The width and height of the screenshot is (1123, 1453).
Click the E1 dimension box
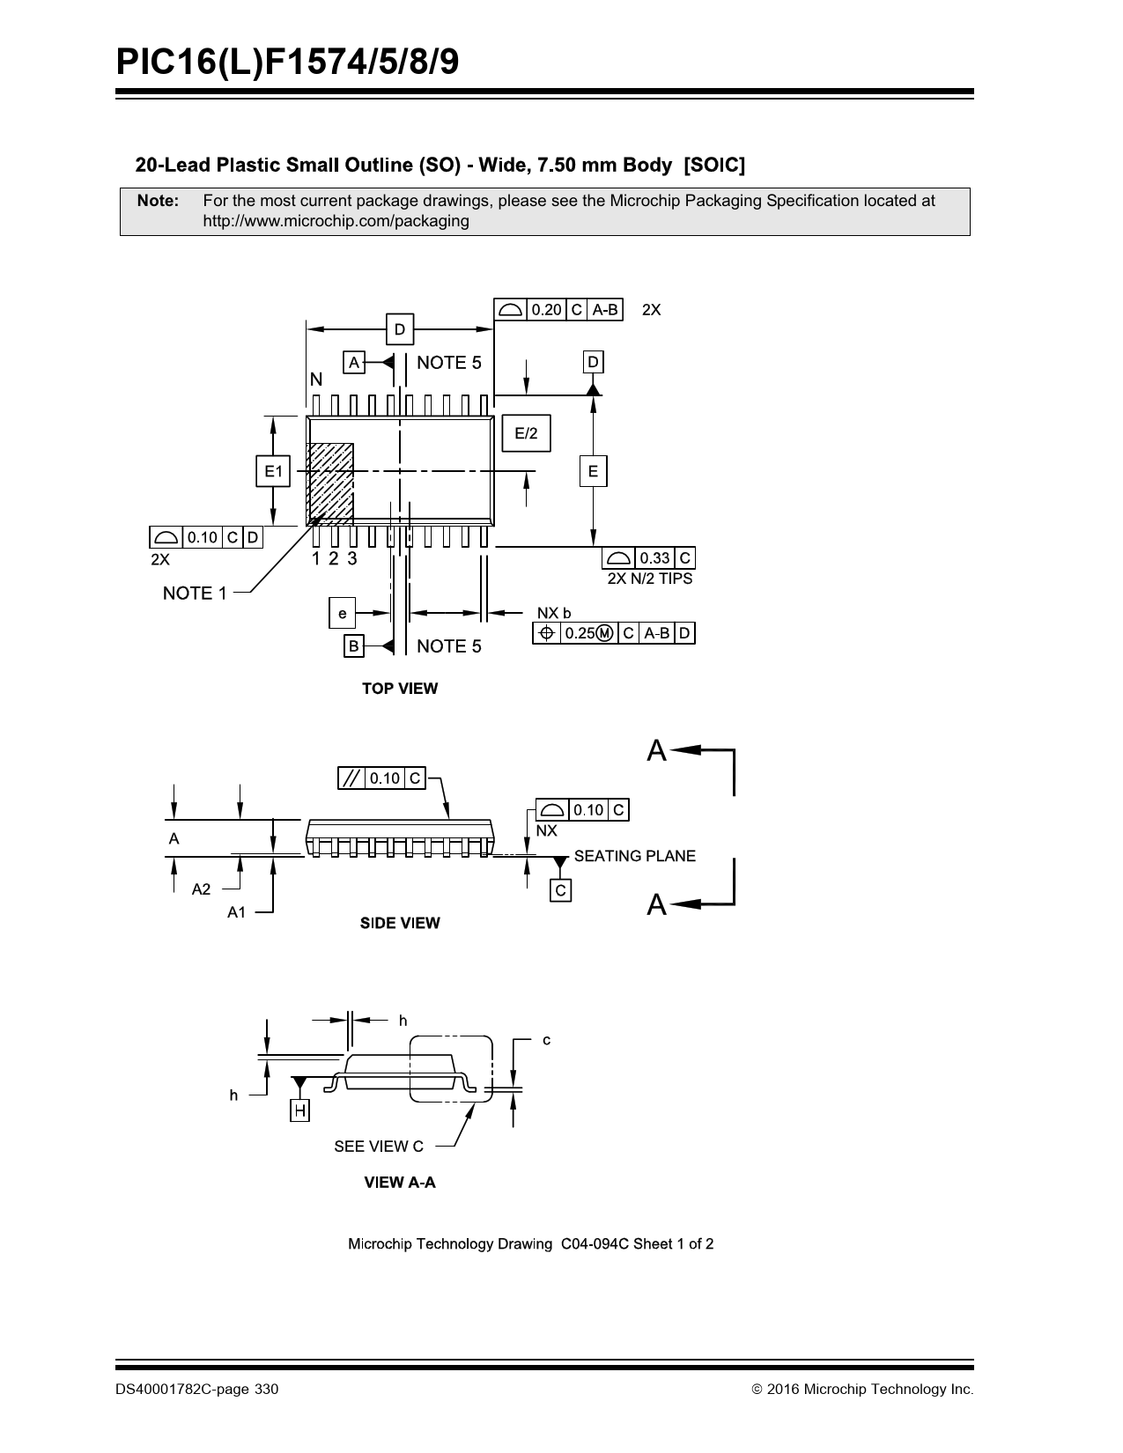pos(273,471)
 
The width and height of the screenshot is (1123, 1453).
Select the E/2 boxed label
pos(526,432)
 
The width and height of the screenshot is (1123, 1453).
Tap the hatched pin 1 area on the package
pos(329,484)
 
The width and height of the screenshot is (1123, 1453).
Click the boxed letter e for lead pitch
pos(342,613)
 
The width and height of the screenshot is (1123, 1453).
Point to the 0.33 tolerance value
pos(654,557)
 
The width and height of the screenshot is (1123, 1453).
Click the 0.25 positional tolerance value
pos(580,632)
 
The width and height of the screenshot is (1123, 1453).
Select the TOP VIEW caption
pos(400,688)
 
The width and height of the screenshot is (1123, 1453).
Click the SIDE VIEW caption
pos(400,923)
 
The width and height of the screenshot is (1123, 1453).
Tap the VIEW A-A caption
pos(400,1182)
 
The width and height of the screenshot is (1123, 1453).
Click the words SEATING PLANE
pos(635,856)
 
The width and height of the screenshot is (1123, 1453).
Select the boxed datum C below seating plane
pos(560,890)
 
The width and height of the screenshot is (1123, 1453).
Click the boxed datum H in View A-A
pos(299,1110)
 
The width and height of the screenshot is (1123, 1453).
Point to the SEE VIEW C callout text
pos(379,1146)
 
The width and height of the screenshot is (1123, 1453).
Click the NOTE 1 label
pos(195,594)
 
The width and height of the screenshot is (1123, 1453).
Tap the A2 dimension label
pos(201,889)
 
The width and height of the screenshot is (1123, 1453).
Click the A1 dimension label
pos(237,912)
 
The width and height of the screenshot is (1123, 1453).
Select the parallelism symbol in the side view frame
pos(351,778)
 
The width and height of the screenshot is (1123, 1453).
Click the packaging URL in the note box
pos(336,221)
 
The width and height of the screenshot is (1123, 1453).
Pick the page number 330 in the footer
pos(266,1389)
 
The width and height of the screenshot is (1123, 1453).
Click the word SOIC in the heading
pos(714,165)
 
